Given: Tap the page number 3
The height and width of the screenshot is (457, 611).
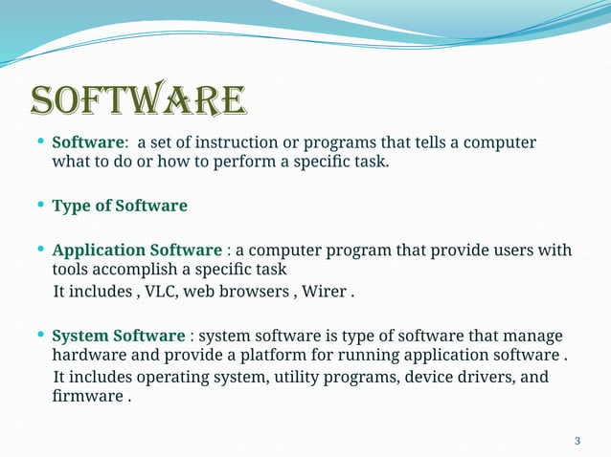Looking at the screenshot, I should click(577, 441).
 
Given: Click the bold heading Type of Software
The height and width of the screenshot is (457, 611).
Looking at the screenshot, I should click(120, 206).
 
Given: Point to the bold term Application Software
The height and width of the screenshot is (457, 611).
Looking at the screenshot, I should click(136, 250).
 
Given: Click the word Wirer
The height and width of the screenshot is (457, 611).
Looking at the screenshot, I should click(327, 291).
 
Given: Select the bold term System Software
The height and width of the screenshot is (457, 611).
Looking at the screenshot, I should click(118, 337).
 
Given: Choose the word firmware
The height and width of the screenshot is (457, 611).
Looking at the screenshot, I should click(86, 396).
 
